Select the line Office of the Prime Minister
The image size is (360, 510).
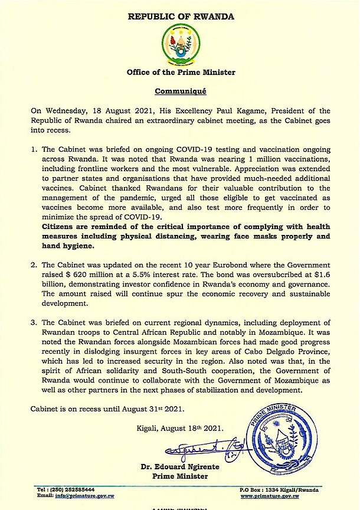coord(180,73)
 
